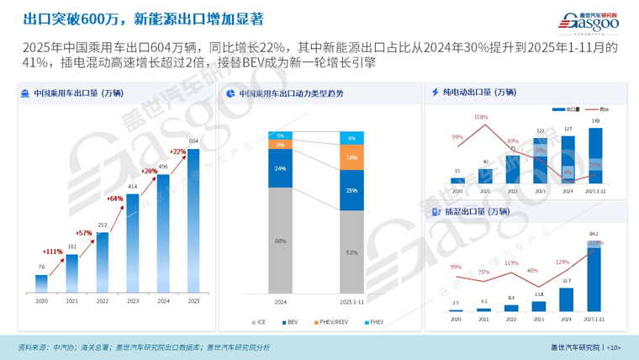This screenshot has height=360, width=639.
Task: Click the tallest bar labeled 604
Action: tap(193, 219)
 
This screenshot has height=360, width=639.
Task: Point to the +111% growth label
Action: tap(52, 251)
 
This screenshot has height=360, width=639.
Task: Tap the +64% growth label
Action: tap(115, 199)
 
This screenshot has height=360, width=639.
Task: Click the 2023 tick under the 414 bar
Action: tap(133, 300)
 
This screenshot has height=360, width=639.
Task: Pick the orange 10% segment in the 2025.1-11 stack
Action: tap(351, 157)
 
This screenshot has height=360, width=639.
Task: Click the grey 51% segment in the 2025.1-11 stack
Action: tap(351, 251)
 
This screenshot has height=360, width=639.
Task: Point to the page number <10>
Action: tap(613, 347)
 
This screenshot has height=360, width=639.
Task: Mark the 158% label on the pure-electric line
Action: tap(482, 117)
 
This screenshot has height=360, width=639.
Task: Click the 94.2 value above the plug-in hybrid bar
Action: tap(594, 234)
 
